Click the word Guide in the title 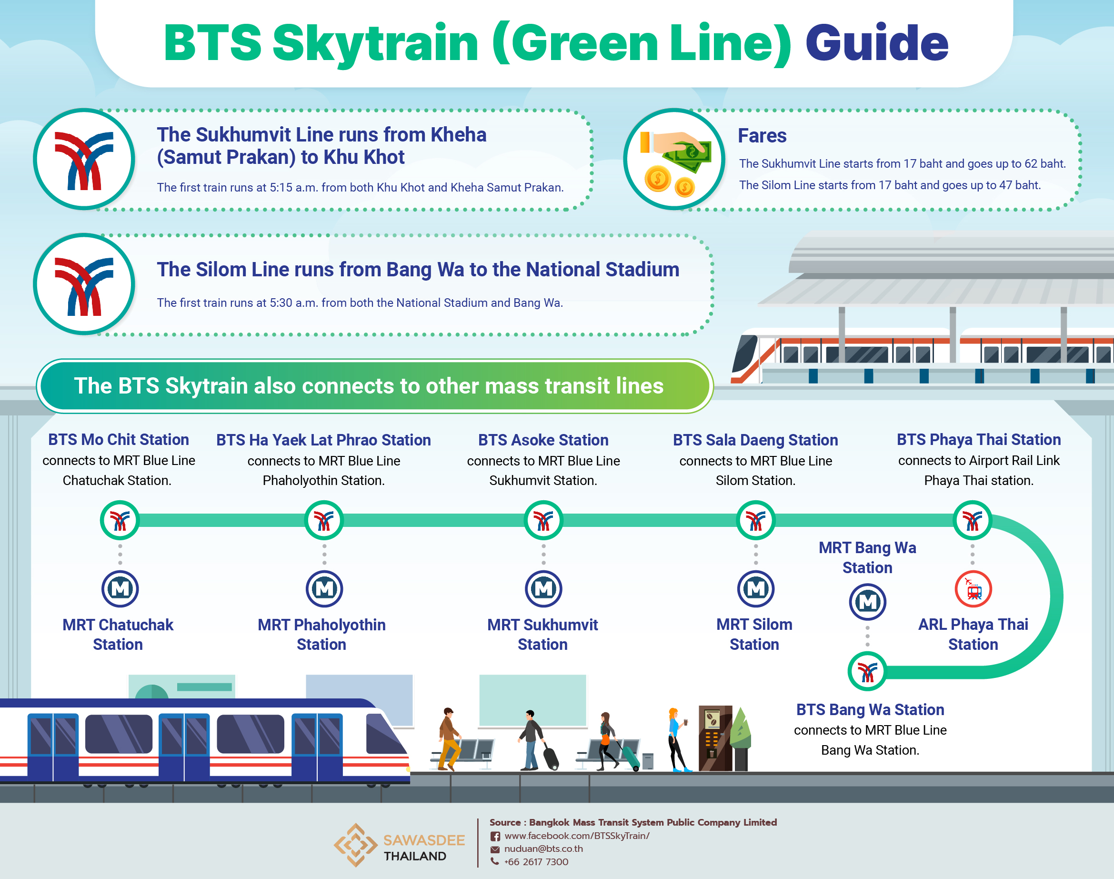point(877,43)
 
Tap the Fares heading point(762,136)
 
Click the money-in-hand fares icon point(674,159)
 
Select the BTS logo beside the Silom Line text point(84,284)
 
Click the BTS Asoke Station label point(543,440)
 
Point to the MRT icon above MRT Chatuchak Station point(120,589)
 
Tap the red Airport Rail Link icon point(973,589)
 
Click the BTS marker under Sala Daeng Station point(755,520)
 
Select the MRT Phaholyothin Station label point(321,635)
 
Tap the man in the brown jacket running point(449,739)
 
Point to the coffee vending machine point(715,738)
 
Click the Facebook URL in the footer point(577,836)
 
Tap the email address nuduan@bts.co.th point(543,849)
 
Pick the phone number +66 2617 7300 point(536,862)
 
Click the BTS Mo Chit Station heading point(118,439)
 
